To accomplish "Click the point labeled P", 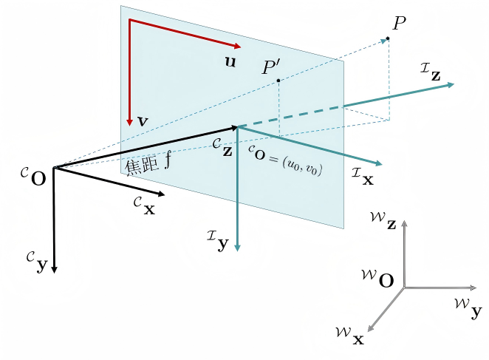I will tap(387, 38).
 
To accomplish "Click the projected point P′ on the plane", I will tap(277, 80).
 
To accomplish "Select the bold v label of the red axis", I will tap(142, 120).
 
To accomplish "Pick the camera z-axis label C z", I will tap(221, 146).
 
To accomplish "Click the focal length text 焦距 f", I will tap(148, 165).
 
